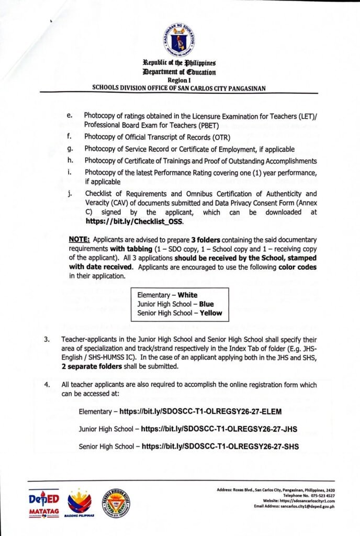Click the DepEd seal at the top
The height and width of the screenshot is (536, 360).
[179, 40]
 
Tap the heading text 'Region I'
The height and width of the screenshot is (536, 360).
[179, 80]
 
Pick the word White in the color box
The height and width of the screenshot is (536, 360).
[187, 295]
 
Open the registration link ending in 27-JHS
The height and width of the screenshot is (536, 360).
[219, 429]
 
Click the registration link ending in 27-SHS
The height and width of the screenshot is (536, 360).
[220, 446]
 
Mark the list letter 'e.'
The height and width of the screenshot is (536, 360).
[70, 115]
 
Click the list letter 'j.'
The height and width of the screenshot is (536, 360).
[70, 193]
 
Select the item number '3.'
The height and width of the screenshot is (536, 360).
[47, 340]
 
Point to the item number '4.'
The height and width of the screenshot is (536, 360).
[47, 385]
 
